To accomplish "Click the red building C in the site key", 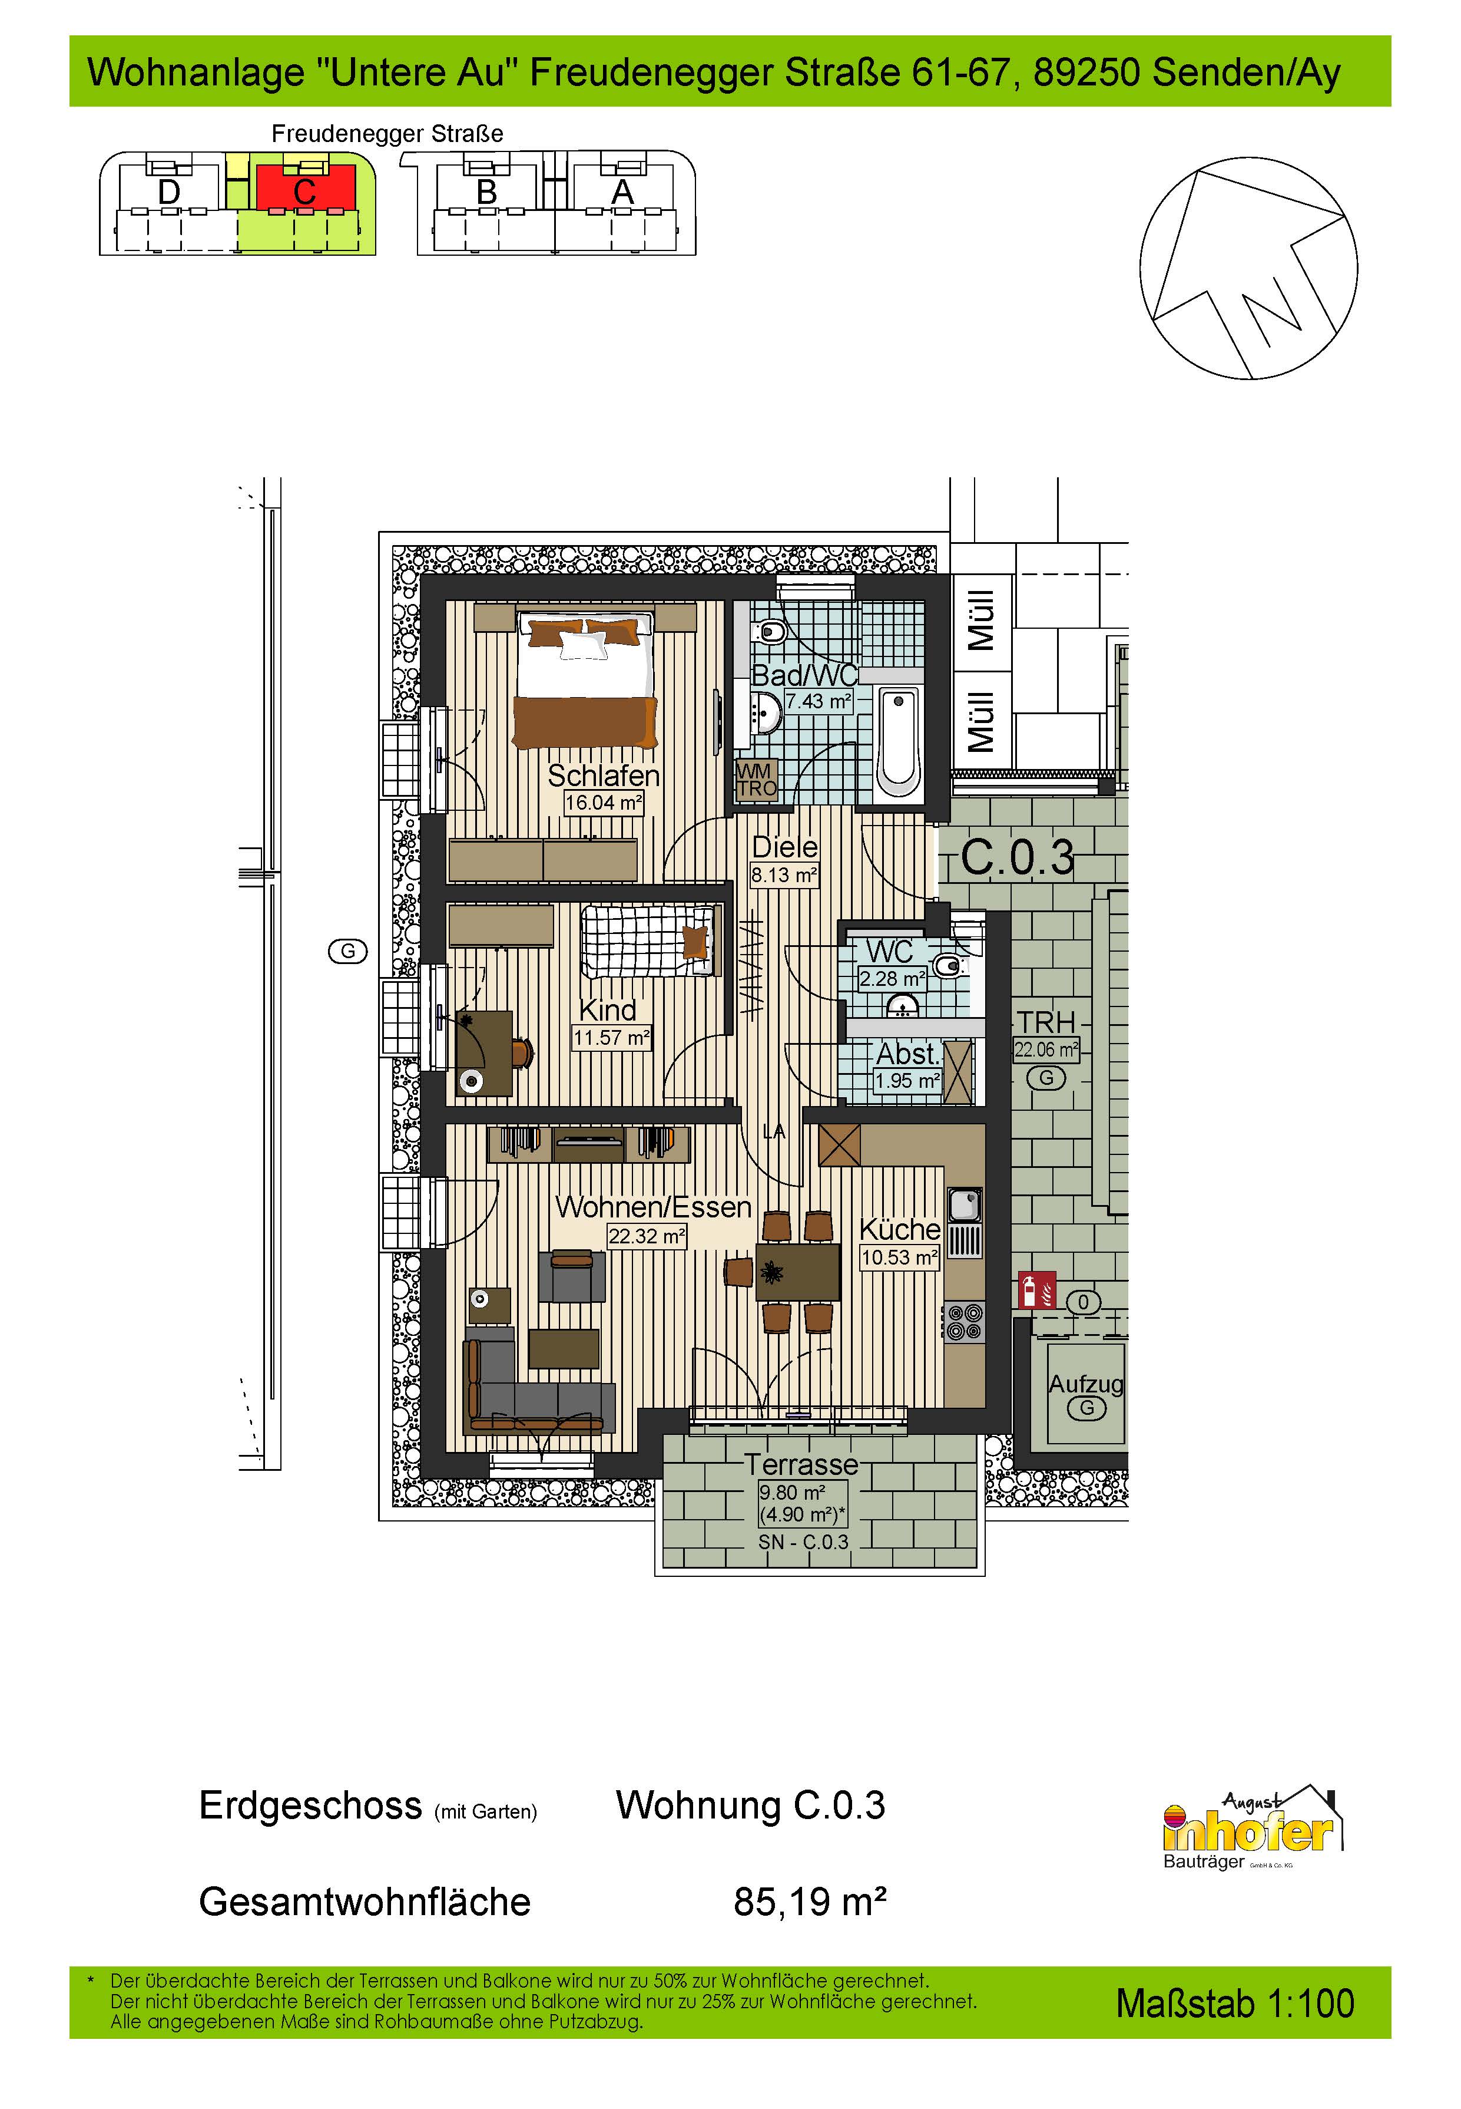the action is (305, 189).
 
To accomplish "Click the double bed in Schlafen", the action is (587, 679).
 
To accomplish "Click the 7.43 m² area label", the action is (819, 701).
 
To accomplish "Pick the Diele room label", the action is (784, 847).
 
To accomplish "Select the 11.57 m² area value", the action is (611, 1038).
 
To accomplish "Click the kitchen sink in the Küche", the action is (965, 1206).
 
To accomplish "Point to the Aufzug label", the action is (1086, 1384).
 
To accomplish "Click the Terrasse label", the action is (801, 1464).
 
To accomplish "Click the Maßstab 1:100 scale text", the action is (1235, 2004).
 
